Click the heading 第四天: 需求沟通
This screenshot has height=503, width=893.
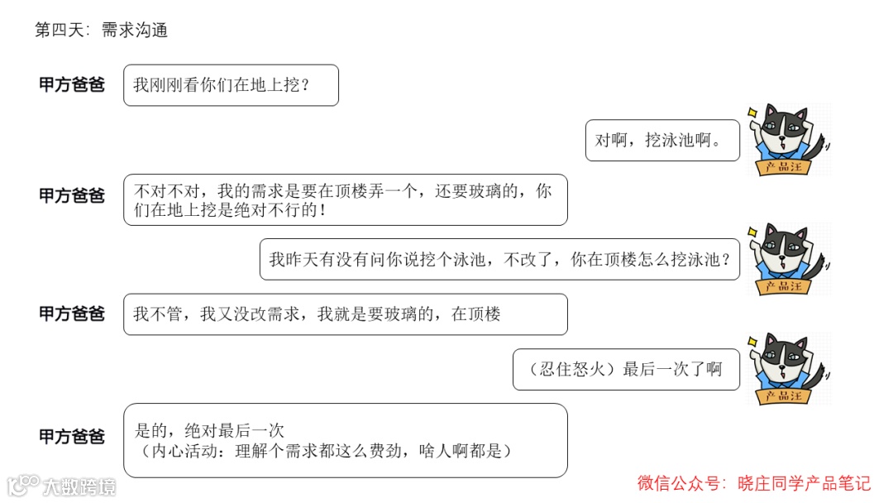click(102, 31)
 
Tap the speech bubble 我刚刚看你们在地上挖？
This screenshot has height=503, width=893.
click(231, 85)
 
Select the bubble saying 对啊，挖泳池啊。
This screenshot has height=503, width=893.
click(662, 140)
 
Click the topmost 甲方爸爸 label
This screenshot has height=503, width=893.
click(72, 85)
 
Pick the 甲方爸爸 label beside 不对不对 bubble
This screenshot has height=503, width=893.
click(72, 196)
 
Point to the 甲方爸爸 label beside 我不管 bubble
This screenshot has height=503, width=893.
click(72, 314)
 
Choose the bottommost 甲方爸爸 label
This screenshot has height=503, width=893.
click(72, 437)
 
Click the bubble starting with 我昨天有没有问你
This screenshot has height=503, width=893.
click(499, 259)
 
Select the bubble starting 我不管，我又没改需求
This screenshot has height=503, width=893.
click(345, 314)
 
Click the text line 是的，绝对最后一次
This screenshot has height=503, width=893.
click(209, 430)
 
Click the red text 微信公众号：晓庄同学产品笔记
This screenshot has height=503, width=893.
click(753, 482)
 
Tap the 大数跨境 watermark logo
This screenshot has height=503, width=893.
click(62, 486)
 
